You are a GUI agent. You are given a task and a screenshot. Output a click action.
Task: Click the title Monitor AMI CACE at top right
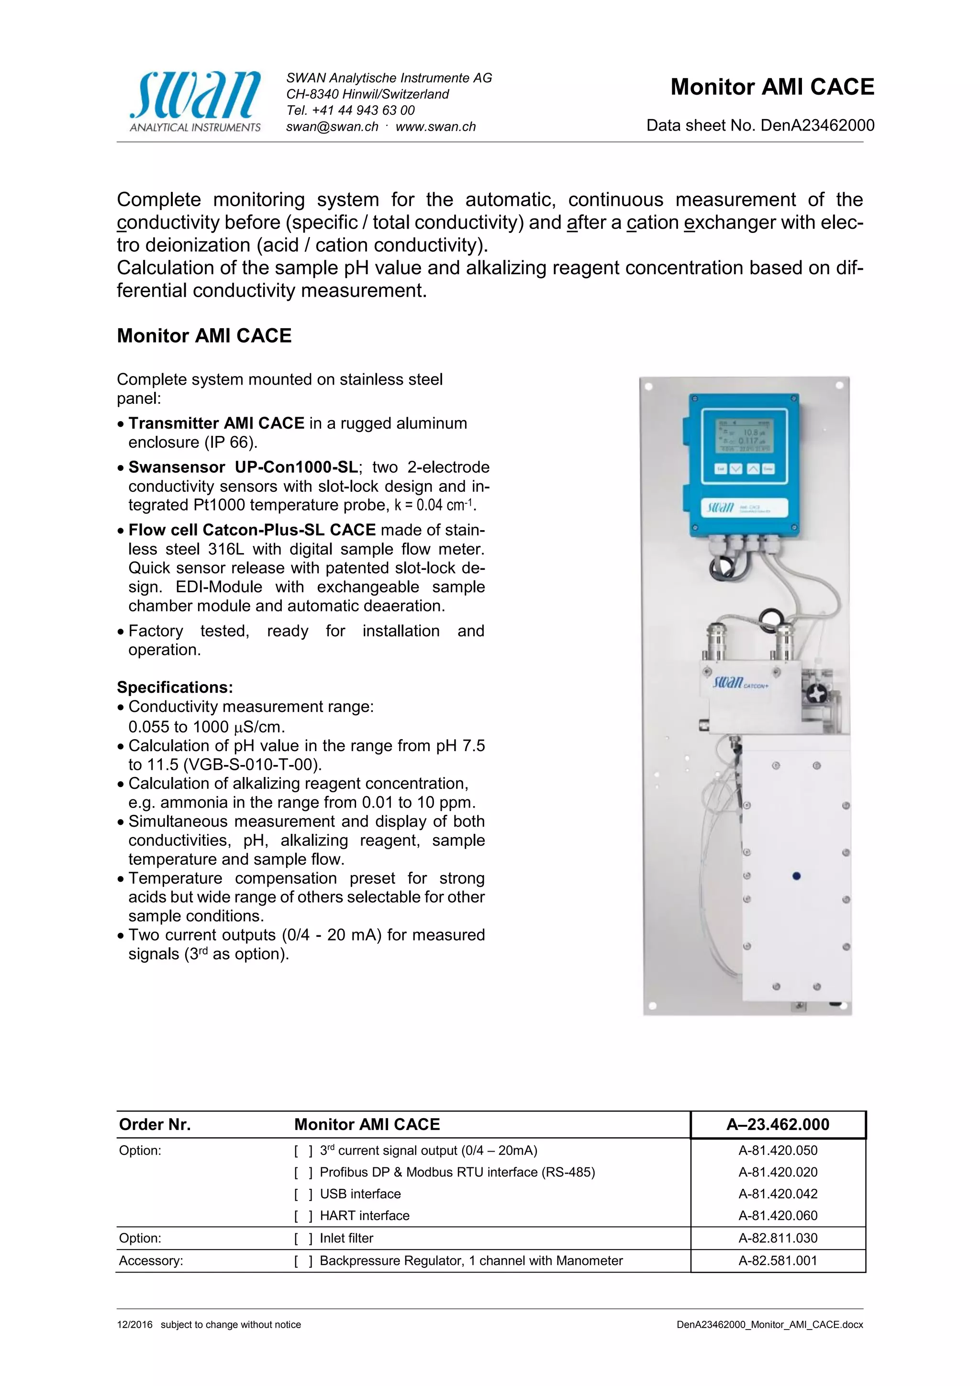772,87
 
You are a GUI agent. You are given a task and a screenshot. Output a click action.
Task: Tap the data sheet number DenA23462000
817,125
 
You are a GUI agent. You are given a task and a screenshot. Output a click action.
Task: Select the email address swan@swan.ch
332,127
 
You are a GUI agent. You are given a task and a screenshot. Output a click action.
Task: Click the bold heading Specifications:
175,687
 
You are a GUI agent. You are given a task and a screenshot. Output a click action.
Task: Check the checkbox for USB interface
303,1194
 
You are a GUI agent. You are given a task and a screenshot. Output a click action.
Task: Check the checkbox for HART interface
303,1216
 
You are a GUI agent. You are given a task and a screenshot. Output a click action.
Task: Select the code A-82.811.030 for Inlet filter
778,1238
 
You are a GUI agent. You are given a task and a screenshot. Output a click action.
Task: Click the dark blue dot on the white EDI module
796,876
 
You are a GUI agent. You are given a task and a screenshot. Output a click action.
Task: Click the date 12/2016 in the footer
134,1324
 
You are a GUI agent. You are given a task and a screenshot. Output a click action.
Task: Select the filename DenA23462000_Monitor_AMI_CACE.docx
769,1324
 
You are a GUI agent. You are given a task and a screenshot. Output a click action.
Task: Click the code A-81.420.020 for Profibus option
778,1172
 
